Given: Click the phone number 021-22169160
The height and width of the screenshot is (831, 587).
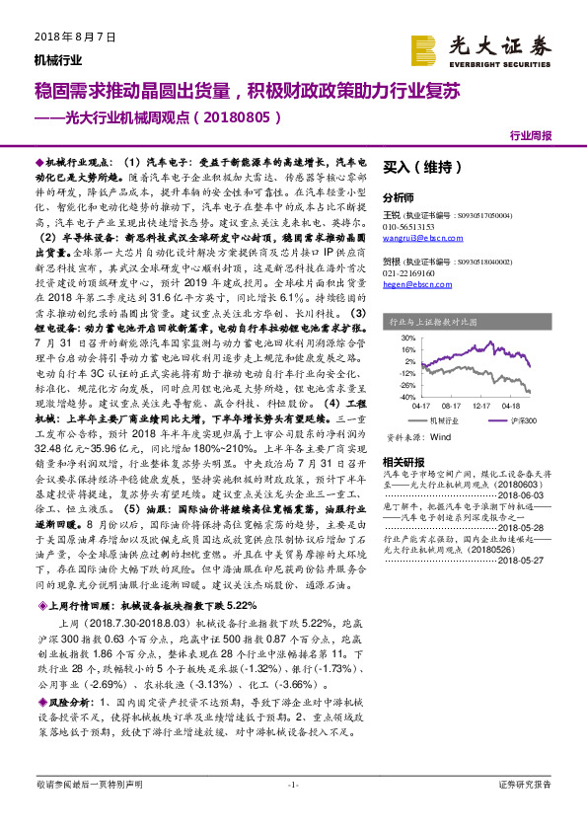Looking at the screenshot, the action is click(408, 271).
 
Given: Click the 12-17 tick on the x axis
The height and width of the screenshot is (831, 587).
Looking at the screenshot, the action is click(481, 405).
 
